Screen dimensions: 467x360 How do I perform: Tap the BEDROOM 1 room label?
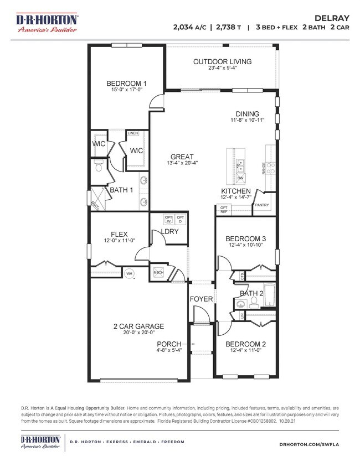(126, 84)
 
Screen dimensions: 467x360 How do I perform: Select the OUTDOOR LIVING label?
(222, 61)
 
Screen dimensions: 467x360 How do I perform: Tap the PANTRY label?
(262, 205)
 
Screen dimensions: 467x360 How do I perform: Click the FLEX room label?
(120, 234)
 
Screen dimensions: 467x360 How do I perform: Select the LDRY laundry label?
(169, 231)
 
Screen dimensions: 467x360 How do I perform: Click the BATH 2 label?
(253, 293)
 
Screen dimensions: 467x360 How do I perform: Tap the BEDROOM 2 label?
(246, 343)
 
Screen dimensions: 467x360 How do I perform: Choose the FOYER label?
(202, 299)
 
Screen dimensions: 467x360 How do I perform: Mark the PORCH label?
(169, 343)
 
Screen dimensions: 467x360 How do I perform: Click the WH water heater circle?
(129, 273)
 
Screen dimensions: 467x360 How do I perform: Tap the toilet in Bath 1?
(98, 165)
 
